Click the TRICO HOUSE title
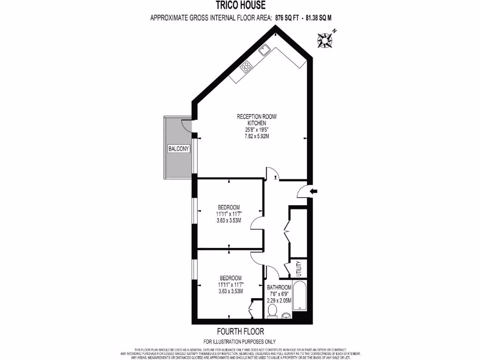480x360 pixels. [240, 6]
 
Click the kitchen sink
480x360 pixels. [265, 48]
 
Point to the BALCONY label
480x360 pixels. [179, 149]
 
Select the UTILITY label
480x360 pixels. [299, 269]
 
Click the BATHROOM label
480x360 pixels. [279, 287]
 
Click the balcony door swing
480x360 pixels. [187, 126]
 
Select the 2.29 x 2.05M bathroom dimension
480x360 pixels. [279, 300]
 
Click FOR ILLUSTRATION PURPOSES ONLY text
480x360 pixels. [240, 341]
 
